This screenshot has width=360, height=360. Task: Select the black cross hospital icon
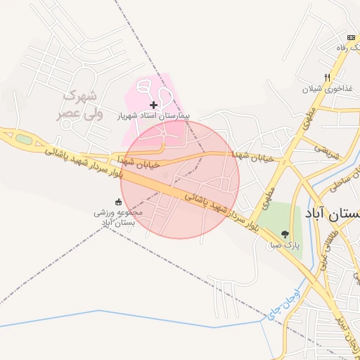click(154, 105)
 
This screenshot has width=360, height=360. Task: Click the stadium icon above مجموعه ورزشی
click(118, 202)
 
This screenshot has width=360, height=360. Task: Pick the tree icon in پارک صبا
click(285, 234)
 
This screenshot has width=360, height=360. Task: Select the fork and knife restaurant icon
click(327, 77)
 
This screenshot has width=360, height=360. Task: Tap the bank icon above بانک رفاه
click(349, 37)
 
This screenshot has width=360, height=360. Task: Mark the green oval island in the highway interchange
click(25, 139)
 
